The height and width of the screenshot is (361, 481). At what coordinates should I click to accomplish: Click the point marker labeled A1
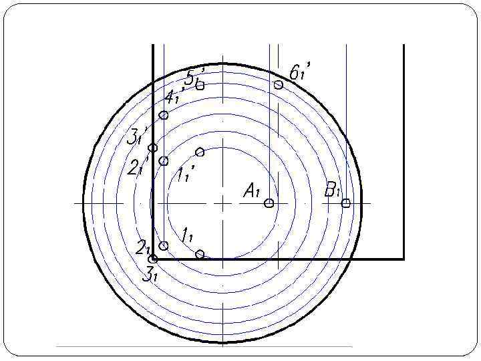pos(269,203)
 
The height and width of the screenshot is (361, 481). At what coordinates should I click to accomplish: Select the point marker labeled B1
pos(346,203)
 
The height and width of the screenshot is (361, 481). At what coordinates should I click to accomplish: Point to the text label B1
pos(333,190)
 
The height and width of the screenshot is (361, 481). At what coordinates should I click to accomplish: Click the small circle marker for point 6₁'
pos(278,84)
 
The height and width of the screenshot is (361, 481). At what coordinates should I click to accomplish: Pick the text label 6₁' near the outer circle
pos(300,72)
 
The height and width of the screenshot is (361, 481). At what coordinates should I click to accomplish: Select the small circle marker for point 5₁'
pos(200,85)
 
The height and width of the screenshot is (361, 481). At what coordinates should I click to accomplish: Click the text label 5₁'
pos(194,77)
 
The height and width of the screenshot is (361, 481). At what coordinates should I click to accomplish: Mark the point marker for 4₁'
pos(164,115)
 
